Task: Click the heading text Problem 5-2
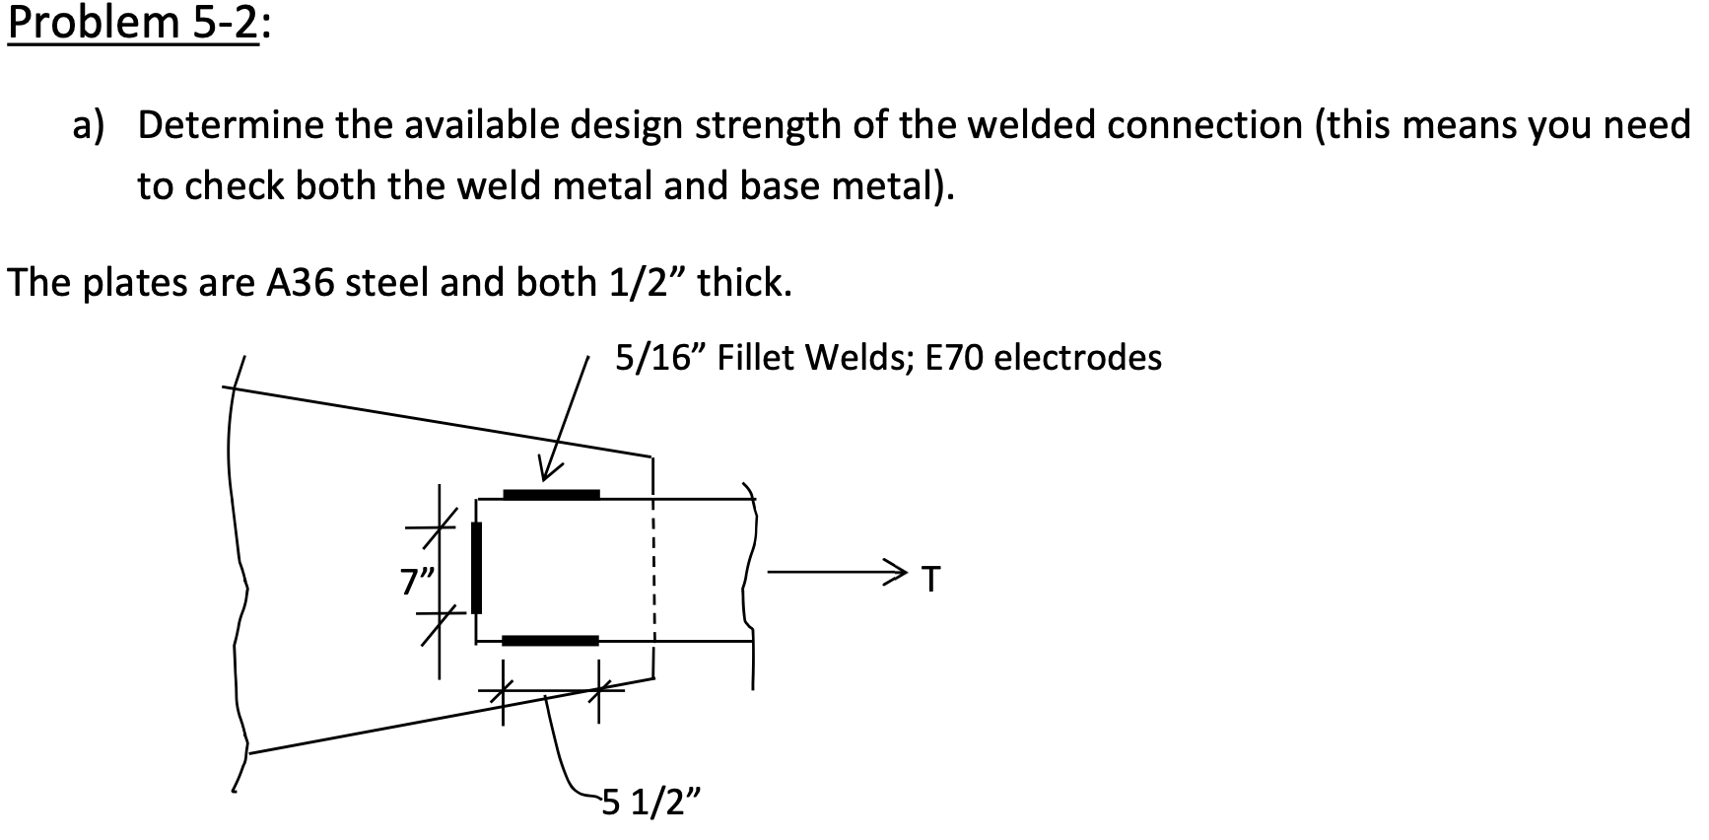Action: [133, 24]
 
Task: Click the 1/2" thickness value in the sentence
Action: [649, 283]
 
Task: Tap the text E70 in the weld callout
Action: [955, 357]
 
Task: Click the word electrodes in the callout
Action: [1078, 357]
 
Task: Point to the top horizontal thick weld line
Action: [551, 494]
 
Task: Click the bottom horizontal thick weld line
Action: [550, 641]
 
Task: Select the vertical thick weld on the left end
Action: [477, 568]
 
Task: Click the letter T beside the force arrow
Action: [929, 579]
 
